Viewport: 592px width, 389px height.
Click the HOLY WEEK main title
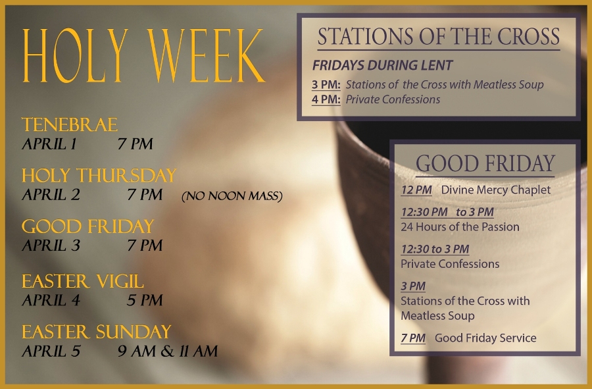coord(143,55)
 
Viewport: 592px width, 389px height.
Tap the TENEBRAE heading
coord(70,125)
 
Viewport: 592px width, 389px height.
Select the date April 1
coord(49,144)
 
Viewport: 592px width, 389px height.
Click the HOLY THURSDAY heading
coord(99,176)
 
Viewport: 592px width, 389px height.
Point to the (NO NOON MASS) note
coord(232,195)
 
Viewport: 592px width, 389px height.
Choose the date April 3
coord(51,246)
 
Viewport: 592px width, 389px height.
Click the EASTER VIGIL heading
coord(83,281)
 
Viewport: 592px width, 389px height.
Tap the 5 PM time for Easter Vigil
coord(145,300)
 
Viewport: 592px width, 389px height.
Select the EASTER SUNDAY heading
coord(97,332)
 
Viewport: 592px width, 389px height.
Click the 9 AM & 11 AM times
coord(168,351)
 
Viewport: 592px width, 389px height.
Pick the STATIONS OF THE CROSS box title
coord(438,37)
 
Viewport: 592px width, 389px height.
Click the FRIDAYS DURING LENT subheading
coord(382,65)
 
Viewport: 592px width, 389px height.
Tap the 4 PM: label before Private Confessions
coord(326,99)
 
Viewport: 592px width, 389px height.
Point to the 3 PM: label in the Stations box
coord(326,85)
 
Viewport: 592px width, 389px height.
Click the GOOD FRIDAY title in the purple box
coord(485,163)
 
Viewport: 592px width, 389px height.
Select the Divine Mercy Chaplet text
coord(496,190)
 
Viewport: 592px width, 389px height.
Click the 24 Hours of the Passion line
coord(460,226)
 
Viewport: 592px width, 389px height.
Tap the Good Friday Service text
coord(485,338)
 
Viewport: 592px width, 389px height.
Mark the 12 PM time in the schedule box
coord(416,190)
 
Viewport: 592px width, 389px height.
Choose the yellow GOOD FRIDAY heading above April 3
coord(87,226)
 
